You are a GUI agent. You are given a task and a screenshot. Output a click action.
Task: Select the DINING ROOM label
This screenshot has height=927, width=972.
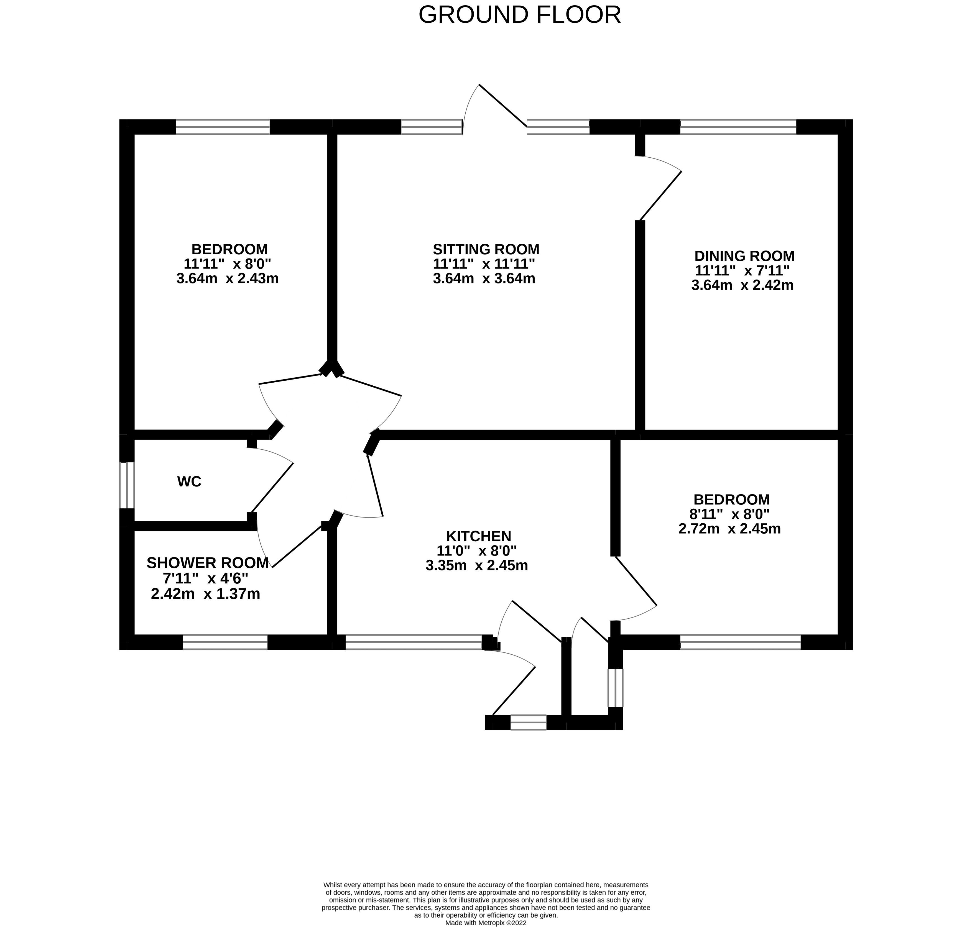coord(744,256)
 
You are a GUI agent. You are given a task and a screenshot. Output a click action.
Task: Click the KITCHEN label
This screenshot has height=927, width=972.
coord(478,536)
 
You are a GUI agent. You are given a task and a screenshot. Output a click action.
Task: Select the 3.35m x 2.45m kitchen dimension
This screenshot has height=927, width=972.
coord(477,565)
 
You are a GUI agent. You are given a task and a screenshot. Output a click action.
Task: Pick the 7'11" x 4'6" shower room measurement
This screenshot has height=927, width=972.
coord(205,578)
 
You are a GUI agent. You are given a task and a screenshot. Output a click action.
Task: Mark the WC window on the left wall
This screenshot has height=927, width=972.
coord(127,485)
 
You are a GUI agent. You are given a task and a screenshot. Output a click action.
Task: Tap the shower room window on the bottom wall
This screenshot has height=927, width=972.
coord(225,642)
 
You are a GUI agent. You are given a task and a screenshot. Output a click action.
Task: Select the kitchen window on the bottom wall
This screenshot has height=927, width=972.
coord(413,642)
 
